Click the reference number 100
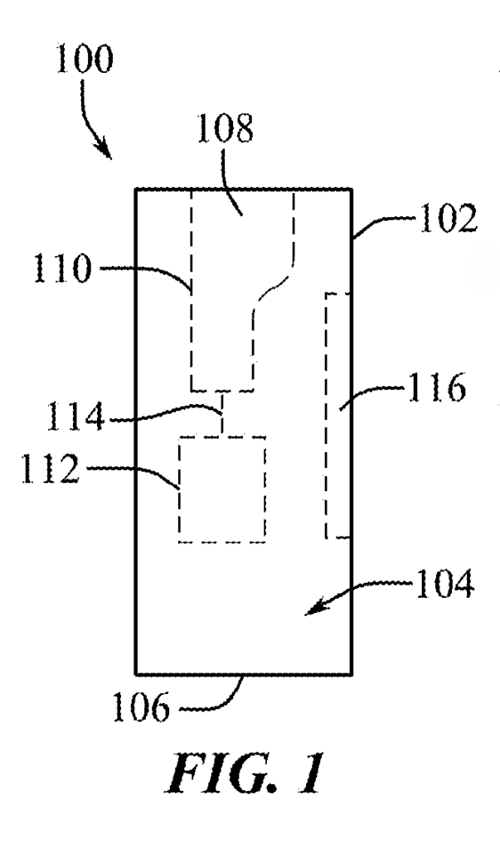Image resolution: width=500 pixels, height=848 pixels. [84, 60]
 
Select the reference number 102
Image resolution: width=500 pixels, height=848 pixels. [447, 218]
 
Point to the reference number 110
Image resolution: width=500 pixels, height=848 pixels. [63, 268]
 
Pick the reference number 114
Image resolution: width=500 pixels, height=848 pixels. [75, 417]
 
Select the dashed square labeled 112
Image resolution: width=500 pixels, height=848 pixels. [179, 489]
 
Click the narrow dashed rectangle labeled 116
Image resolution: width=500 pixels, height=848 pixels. [326, 416]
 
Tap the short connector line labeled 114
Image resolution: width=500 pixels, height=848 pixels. [221, 412]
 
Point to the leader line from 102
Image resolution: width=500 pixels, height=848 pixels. [382, 220]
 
